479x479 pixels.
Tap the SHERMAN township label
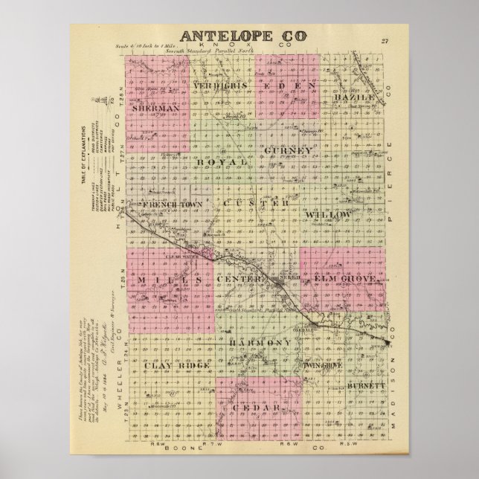click(156, 108)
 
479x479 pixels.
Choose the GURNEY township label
click(286, 152)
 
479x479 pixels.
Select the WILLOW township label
click(327, 214)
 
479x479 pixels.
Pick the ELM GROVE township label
click(349, 278)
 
